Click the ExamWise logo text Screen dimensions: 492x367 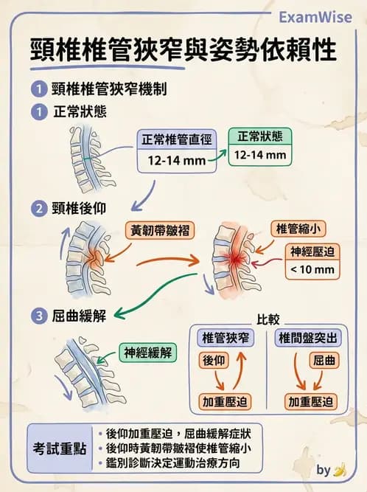pyautogui.click(x=318, y=18)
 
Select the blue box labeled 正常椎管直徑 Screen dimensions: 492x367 pyautogui.click(x=177, y=138)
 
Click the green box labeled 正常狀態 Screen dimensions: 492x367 pyautogui.click(x=259, y=136)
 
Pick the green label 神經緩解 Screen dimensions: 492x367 pyautogui.click(x=148, y=353)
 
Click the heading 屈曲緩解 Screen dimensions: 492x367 pyautogui.click(x=79, y=316)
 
